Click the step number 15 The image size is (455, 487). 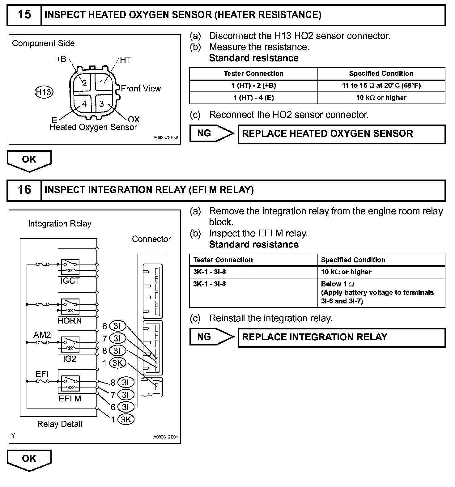coord(24,15)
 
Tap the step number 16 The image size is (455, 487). coord(24,190)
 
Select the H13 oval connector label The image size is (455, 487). coord(44,92)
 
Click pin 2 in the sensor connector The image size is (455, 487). coord(84,83)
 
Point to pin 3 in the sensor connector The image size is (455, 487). coord(102,104)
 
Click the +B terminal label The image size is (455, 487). coord(61,59)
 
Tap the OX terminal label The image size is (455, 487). coord(134,119)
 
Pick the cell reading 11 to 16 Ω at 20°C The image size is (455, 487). coord(381,86)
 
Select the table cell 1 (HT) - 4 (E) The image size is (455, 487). coord(253,98)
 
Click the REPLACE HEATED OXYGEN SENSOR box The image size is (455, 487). coord(341,134)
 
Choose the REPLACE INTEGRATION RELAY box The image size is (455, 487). coord(341,337)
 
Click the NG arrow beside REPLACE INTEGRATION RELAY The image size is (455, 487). coord(211,337)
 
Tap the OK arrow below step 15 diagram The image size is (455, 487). coord(29,160)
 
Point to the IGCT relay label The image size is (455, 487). coord(70,281)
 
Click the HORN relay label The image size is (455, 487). coord(70,321)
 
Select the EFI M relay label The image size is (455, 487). coord(70,399)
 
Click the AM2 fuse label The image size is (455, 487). coord(42,335)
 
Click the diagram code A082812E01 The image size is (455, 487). coord(166,437)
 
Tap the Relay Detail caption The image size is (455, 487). coord(60,424)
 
